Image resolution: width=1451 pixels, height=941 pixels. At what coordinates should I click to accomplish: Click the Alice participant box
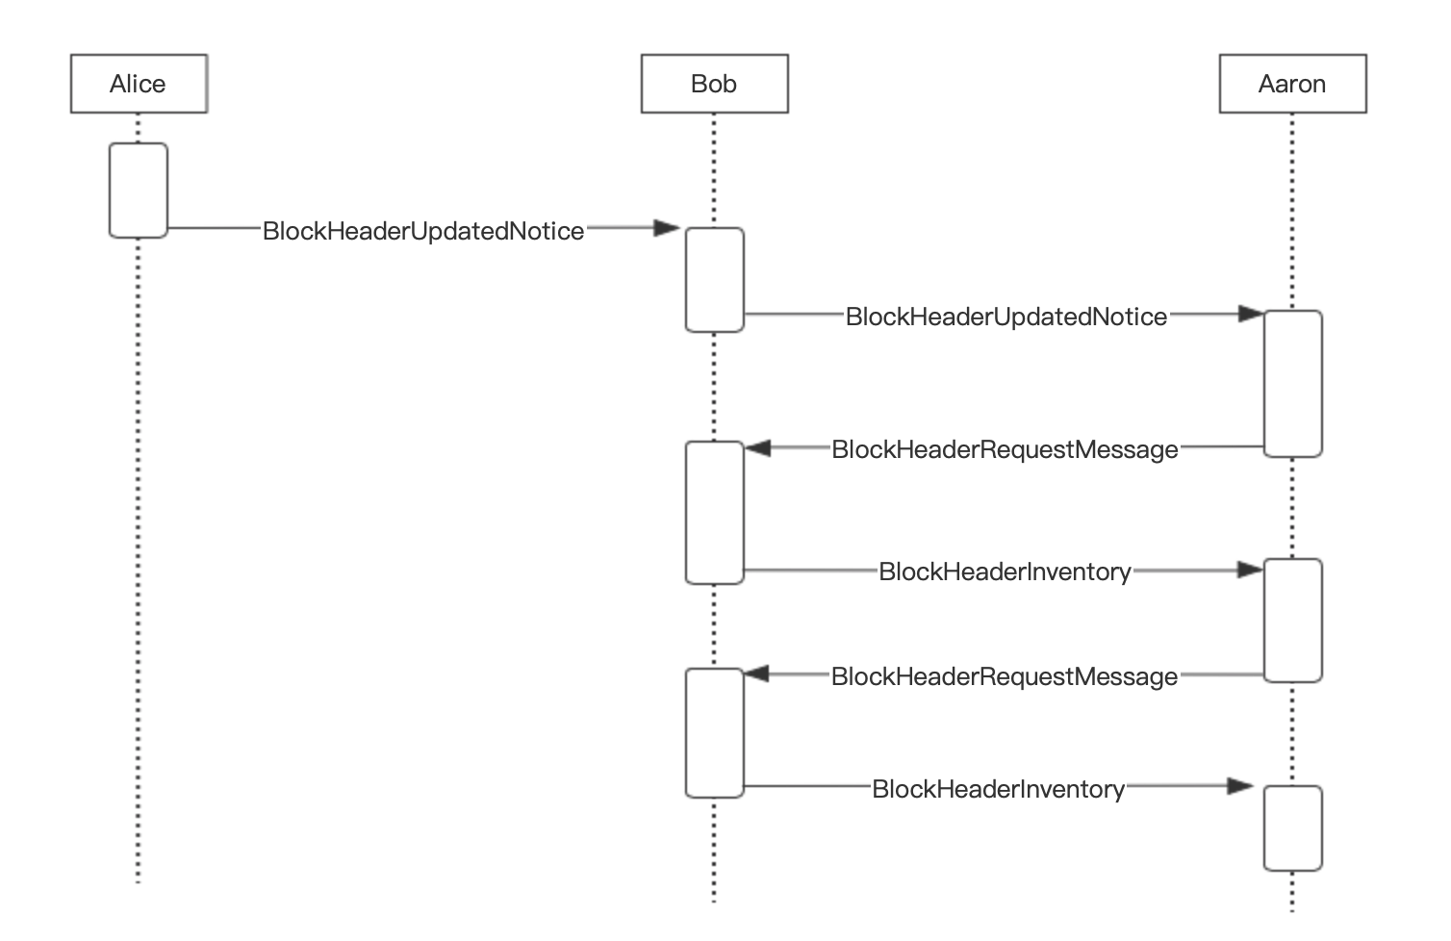139,84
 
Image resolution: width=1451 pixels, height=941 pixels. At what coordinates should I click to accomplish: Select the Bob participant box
714,84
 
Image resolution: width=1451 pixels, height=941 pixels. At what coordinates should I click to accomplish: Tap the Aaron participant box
1292,84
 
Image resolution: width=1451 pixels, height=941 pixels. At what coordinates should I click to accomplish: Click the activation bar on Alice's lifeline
139,190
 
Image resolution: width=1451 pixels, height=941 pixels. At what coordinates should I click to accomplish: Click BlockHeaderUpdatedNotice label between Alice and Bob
423,231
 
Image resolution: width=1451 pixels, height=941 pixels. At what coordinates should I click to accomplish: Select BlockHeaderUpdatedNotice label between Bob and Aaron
1006,317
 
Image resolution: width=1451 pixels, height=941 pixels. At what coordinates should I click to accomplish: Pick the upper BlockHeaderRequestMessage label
1005,449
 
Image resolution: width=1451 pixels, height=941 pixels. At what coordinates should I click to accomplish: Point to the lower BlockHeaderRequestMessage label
1004,676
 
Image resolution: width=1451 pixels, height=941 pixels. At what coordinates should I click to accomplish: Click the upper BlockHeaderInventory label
1005,572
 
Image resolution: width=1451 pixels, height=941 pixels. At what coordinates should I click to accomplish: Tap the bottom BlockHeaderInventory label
998,789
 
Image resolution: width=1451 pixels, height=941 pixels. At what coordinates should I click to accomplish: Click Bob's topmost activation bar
714,280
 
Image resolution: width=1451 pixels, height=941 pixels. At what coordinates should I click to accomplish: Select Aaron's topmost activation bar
1292,383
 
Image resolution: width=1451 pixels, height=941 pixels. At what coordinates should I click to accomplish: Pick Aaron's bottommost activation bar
1292,828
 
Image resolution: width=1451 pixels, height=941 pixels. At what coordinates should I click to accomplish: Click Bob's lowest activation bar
714,733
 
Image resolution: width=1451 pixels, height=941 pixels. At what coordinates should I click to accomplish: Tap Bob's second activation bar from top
714,513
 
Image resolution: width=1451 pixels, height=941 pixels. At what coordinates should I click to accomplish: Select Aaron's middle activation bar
1292,621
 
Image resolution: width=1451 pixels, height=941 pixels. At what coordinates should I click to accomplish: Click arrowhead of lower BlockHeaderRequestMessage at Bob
757,674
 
